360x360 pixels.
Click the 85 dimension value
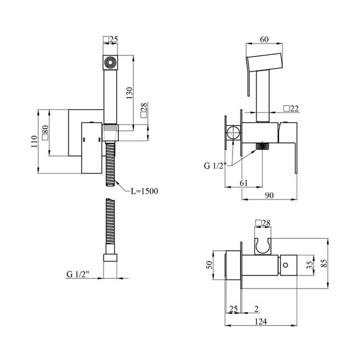(x=325, y=264)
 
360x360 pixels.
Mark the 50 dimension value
(x=209, y=265)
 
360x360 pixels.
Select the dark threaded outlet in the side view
(x=262, y=147)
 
